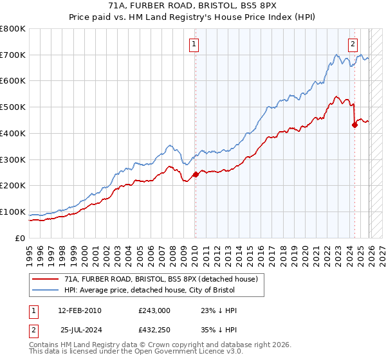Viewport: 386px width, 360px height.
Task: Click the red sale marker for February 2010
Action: point(195,174)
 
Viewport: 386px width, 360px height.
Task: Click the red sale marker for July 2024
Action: point(354,125)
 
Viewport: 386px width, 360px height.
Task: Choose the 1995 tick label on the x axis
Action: point(30,251)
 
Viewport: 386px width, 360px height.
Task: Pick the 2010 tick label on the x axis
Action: point(195,251)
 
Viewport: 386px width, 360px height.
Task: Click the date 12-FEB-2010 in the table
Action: point(79,310)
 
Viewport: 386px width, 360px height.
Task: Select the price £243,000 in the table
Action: point(154,310)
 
